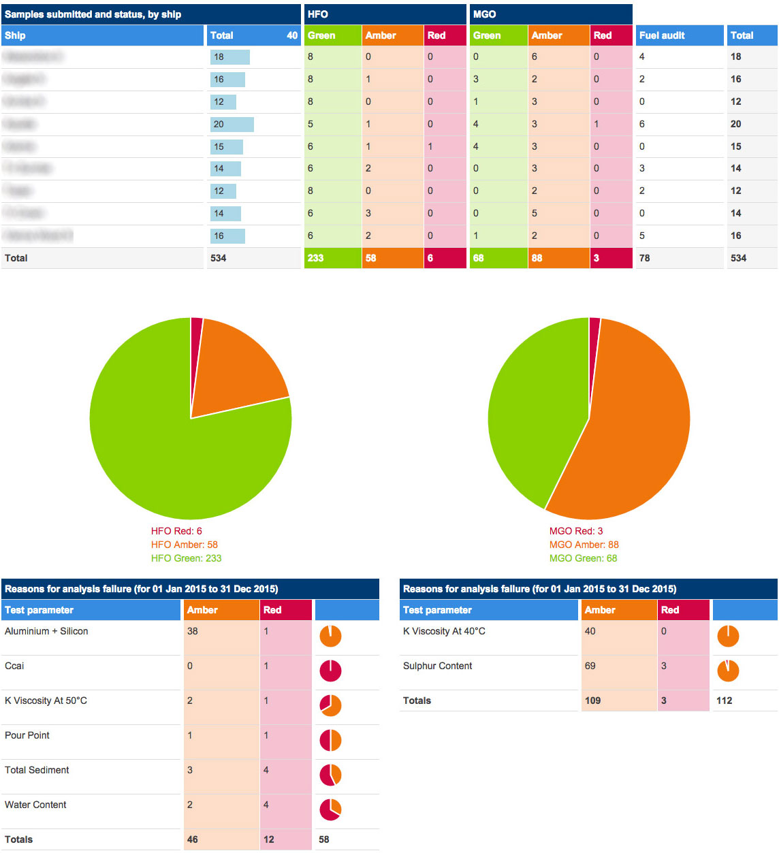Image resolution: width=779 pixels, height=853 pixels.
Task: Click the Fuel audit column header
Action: (x=662, y=35)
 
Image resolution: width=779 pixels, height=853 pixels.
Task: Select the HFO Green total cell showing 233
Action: (x=315, y=258)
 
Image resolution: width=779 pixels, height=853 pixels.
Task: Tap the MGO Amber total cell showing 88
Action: (x=537, y=258)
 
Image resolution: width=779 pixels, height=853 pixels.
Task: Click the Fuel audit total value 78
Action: (x=645, y=258)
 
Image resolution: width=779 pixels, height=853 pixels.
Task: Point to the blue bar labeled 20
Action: (x=232, y=124)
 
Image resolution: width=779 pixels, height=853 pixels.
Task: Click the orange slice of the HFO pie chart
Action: (x=238, y=368)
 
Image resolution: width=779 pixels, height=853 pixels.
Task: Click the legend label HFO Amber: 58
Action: (x=185, y=545)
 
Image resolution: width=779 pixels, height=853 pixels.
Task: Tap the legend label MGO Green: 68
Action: (x=583, y=558)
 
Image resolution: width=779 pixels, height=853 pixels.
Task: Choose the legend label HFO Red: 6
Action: (x=176, y=531)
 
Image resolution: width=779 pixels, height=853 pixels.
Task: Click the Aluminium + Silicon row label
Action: (x=46, y=631)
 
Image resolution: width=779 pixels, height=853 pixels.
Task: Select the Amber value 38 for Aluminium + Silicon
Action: (x=193, y=631)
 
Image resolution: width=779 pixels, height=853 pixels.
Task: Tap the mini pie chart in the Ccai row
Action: (x=330, y=671)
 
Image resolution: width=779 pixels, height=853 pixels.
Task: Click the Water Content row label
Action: (x=35, y=805)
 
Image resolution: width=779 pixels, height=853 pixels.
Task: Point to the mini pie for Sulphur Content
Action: (x=728, y=671)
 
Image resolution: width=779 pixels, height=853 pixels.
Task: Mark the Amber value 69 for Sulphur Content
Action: (x=590, y=666)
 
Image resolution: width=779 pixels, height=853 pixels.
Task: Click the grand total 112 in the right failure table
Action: (x=724, y=701)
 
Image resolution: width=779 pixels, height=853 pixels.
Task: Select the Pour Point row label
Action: (x=27, y=735)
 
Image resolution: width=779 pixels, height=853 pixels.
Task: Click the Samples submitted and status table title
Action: (x=93, y=14)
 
